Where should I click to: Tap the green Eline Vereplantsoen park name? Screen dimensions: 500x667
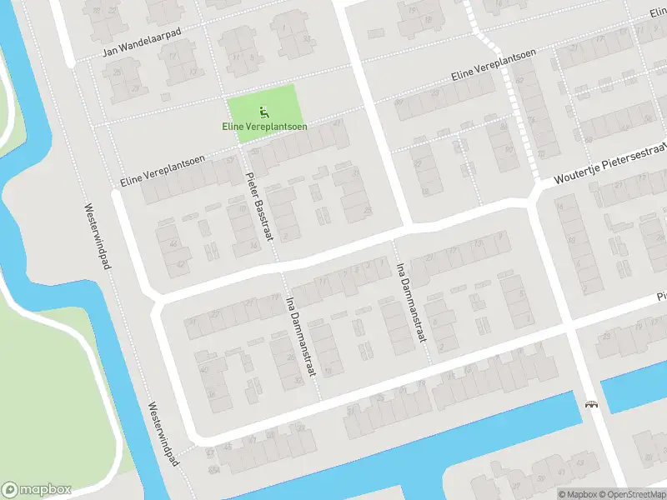click(x=264, y=127)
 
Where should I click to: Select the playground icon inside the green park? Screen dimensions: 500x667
click(x=264, y=111)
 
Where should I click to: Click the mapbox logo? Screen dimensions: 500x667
click(x=36, y=490)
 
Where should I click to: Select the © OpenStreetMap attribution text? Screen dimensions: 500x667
click(x=630, y=493)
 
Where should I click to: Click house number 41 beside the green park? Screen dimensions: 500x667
click(x=337, y=123)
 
